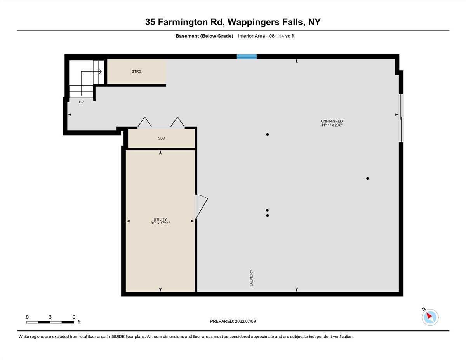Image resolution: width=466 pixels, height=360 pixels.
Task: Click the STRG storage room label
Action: click(x=137, y=71)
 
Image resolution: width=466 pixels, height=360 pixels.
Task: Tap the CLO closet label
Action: click(x=162, y=138)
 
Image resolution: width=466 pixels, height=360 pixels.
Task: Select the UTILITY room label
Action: click(x=160, y=219)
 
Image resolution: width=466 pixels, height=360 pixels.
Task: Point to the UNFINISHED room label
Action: click(x=332, y=121)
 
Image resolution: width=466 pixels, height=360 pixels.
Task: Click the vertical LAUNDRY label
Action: click(x=251, y=278)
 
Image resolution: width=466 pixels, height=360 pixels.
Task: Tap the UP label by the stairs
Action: click(x=81, y=102)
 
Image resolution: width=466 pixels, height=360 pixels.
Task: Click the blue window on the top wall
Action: click(x=247, y=57)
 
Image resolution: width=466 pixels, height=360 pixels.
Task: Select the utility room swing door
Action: click(x=202, y=206)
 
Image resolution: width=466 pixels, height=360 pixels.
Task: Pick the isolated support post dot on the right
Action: click(x=367, y=179)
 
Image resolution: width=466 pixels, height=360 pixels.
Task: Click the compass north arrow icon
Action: click(x=430, y=317)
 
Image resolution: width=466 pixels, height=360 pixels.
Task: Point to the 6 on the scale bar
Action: click(x=74, y=317)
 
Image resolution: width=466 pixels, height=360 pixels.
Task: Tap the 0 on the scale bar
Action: click(x=27, y=317)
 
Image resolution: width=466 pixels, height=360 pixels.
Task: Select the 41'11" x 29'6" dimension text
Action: click(x=332, y=125)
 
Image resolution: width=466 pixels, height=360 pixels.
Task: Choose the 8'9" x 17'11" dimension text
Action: click(x=160, y=223)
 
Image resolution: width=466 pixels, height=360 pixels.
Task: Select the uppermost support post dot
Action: click(x=268, y=134)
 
